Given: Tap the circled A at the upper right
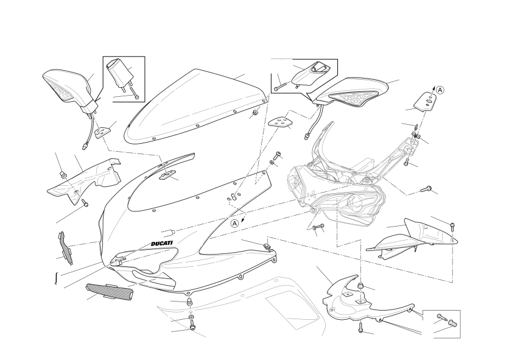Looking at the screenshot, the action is [x=440, y=90].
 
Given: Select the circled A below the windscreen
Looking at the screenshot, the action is [x=235, y=224].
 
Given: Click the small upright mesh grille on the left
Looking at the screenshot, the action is [x=65, y=247].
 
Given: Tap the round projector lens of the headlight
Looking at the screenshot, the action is [x=354, y=203].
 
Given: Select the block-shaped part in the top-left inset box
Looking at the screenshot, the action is [x=119, y=74].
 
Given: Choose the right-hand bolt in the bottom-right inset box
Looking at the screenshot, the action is [x=452, y=323].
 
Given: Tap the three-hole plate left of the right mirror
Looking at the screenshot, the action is [x=280, y=122].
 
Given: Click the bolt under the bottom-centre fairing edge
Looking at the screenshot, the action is [x=192, y=324].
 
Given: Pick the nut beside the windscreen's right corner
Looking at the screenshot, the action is [x=255, y=113].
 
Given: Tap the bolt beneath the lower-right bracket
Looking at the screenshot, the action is [x=360, y=327].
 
